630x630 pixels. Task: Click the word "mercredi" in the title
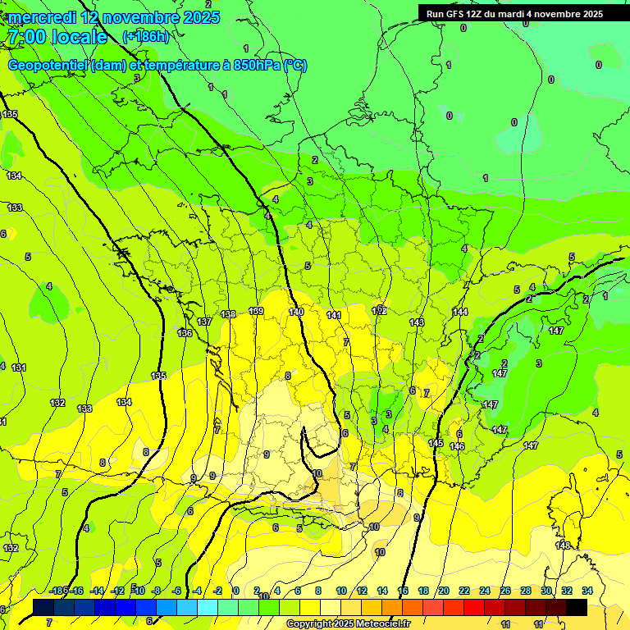click(41, 16)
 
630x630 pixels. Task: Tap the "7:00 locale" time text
click(57, 37)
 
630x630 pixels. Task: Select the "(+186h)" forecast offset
click(145, 37)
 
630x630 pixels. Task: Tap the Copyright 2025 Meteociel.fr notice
click(354, 623)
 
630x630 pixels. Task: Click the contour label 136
click(185, 333)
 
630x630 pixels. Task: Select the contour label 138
click(229, 314)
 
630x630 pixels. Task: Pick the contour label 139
click(256, 311)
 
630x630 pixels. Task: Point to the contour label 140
click(296, 312)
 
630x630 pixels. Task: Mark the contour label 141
click(334, 315)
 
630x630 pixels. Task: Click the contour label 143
click(417, 322)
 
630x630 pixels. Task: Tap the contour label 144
click(460, 312)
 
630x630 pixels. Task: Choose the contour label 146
click(457, 446)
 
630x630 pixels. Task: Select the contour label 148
click(563, 546)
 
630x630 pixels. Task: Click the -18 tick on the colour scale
click(57, 591)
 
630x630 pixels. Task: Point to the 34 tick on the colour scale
click(587, 591)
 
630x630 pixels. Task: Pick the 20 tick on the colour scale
click(444, 591)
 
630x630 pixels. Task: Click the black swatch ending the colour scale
click(577, 607)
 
